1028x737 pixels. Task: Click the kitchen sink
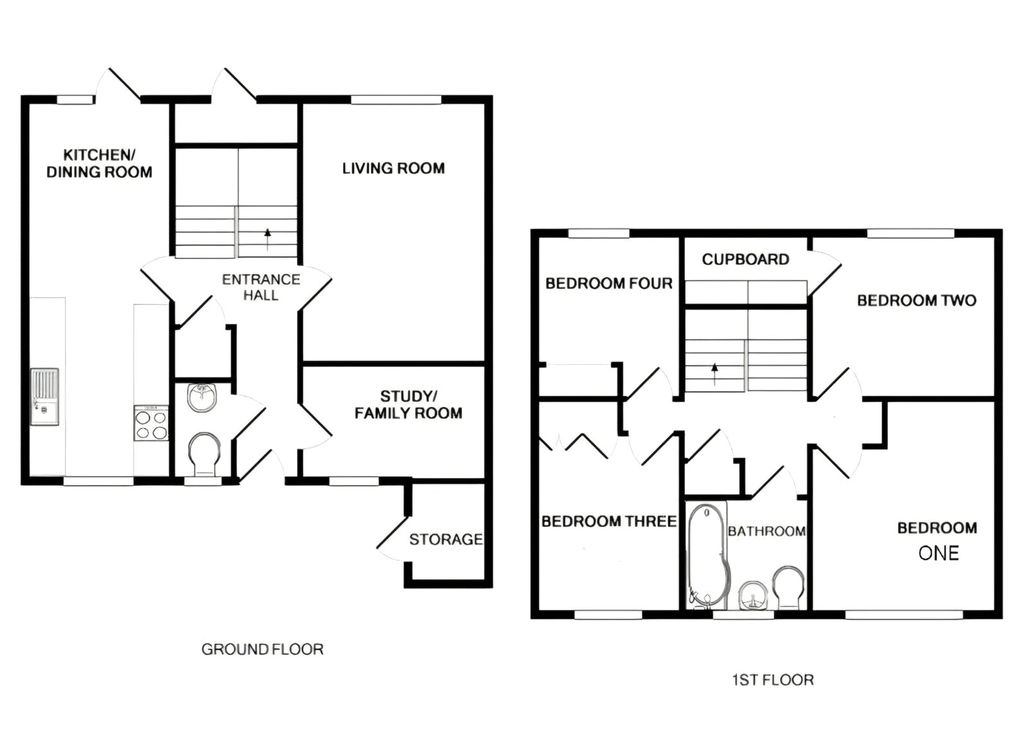44,396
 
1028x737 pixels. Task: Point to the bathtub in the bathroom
707,556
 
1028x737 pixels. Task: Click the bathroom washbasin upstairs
752,595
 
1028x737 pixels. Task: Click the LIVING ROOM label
393,168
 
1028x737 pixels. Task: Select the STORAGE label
446,540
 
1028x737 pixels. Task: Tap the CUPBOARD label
745,260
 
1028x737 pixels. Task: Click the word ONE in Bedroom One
939,553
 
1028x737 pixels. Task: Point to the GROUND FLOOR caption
262,650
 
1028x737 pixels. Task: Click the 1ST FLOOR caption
773,680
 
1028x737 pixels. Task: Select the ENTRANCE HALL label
261,287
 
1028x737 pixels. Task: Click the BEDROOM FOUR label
608,283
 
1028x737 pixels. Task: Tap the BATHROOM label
767,531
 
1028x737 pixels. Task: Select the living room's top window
396,100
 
